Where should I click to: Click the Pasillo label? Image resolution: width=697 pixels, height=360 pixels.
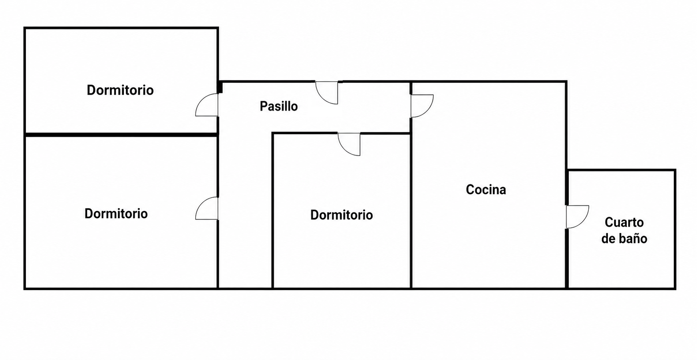pyautogui.click(x=279, y=106)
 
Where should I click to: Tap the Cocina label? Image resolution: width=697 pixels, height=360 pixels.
pyautogui.click(x=486, y=189)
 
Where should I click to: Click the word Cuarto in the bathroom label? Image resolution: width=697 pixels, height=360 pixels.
pyautogui.click(x=624, y=222)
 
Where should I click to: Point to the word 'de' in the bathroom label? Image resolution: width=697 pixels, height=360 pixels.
pyautogui.click(x=608, y=239)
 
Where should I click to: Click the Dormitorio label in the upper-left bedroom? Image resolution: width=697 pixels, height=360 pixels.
pyautogui.click(x=120, y=90)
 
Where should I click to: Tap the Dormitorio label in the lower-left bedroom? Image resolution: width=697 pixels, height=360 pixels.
pyautogui.click(x=116, y=213)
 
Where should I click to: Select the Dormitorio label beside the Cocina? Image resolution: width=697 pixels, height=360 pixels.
pyautogui.click(x=342, y=215)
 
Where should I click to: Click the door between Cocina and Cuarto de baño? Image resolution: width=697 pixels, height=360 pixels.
pyautogui.click(x=578, y=217)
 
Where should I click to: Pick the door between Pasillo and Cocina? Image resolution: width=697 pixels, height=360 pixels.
pyautogui.click(x=422, y=106)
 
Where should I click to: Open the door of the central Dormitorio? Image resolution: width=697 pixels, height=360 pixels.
pyautogui.click(x=349, y=144)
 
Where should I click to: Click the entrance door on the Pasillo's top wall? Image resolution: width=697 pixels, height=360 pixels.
pyautogui.click(x=327, y=93)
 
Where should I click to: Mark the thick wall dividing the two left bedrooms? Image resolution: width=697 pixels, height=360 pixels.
pyautogui.click(x=121, y=135)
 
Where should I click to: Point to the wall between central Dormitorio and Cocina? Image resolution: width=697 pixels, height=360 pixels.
pyautogui.click(x=411, y=211)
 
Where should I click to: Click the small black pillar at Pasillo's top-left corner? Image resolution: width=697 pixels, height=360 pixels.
pyautogui.click(x=220, y=87)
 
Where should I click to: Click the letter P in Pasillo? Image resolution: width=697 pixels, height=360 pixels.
pyautogui.click(x=264, y=106)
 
